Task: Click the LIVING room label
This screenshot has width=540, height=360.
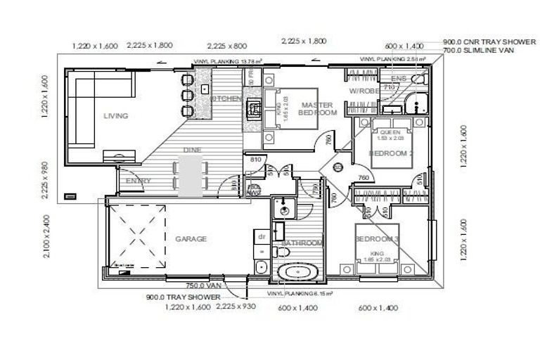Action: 115,116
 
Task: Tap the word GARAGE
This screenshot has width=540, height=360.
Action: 191,239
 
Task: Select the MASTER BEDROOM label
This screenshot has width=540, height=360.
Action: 318,108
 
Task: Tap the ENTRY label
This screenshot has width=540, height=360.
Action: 138,181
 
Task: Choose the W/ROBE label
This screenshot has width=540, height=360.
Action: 364,91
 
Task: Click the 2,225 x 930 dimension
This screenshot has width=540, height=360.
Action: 236,307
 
